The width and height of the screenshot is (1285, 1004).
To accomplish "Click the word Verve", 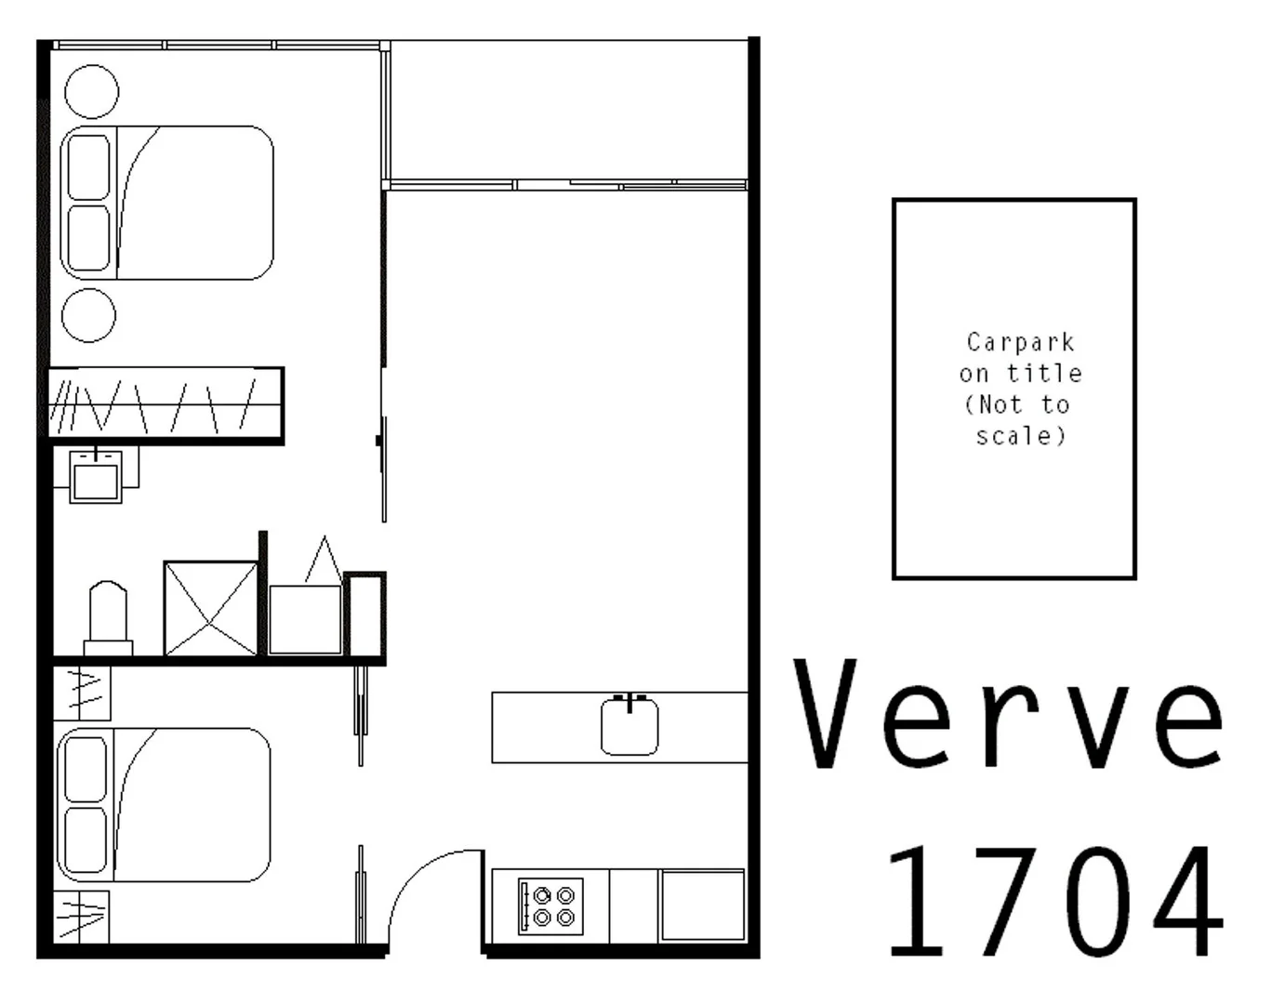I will pos(1009,714).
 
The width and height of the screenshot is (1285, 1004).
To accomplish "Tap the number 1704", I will pos(1053,902).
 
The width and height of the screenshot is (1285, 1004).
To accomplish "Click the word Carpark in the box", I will pos(1020,342).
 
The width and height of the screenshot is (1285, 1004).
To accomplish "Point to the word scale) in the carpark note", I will pos(1020,435).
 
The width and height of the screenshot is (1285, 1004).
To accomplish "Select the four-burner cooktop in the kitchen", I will pos(551,906).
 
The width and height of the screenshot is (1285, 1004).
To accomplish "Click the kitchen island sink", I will pos(629,726).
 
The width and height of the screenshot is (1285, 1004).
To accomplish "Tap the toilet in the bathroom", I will pos(107,616).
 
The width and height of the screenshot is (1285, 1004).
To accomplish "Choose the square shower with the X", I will pos(210,608).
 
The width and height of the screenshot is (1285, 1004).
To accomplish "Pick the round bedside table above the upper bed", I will pos(91,92).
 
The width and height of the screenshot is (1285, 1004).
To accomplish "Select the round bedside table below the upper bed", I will pos(89,315).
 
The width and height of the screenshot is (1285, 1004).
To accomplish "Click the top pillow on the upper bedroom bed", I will pos(89,167).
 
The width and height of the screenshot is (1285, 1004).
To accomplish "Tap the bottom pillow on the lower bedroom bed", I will pos(86,839).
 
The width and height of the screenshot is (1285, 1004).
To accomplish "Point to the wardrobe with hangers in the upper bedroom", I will pos(166,404).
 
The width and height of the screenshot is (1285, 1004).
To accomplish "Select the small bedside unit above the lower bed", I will pos(83,694).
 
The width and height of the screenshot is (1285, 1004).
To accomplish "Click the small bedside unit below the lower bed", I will pos(81,917).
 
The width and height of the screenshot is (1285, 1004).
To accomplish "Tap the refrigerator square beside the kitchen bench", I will pos(702,905).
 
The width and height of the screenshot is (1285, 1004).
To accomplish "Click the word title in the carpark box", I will pos(1044,374).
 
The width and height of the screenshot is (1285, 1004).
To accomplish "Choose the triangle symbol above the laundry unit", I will pos(323,561).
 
